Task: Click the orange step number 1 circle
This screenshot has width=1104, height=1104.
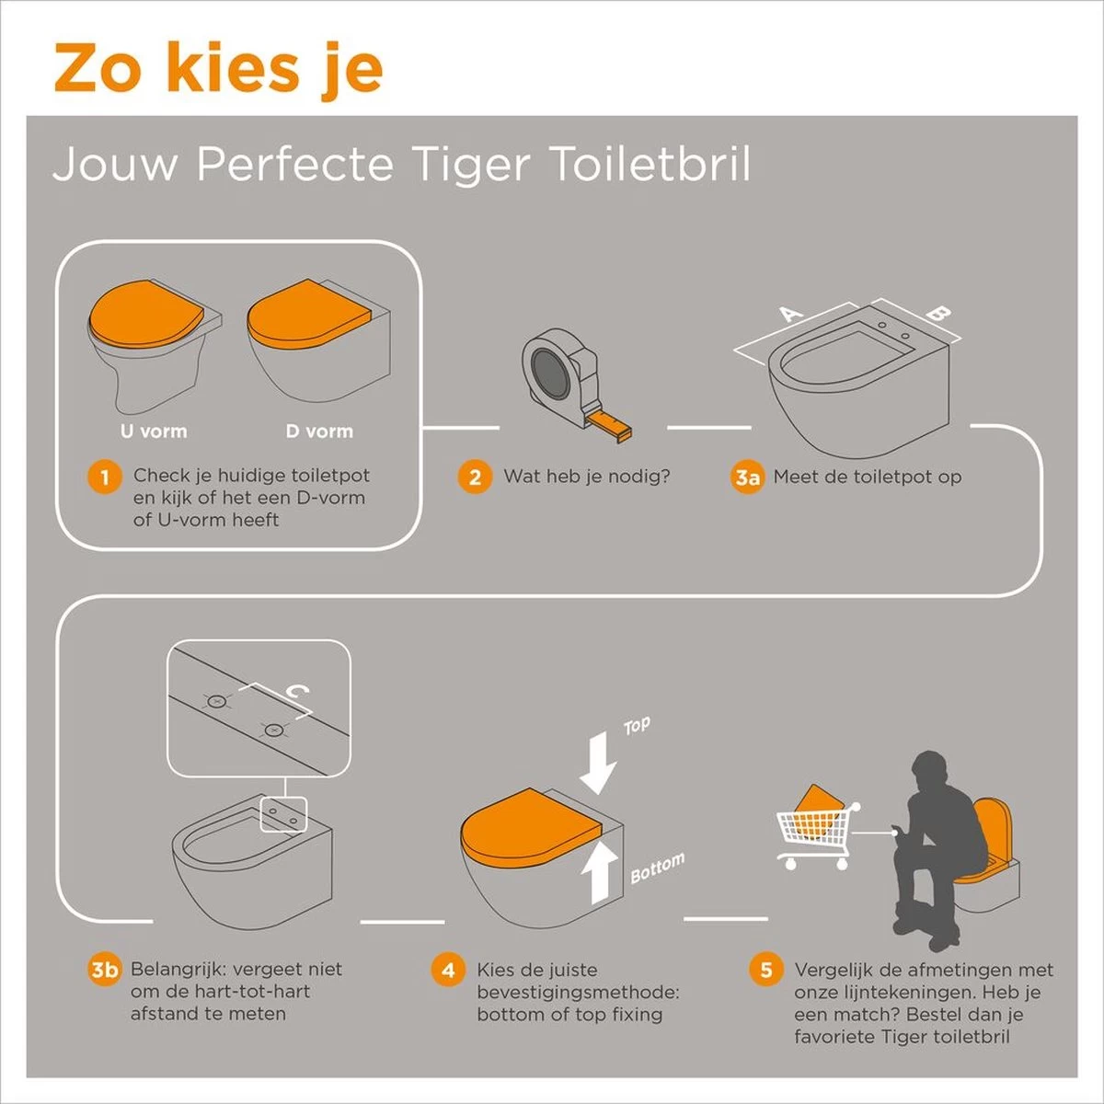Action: pos(105,477)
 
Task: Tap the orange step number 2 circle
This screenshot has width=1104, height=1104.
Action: pos(475,477)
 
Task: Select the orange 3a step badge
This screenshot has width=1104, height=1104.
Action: pos(747,477)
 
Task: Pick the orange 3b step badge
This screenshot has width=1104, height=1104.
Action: pos(105,970)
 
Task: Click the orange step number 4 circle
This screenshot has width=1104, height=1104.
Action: pos(448,970)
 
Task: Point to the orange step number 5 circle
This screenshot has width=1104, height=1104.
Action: pos(765,970)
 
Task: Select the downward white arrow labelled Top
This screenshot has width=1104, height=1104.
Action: pos(597,760)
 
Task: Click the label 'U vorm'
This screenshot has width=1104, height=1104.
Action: pos(154,431)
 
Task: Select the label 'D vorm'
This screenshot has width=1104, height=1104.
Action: pos(318,431)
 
